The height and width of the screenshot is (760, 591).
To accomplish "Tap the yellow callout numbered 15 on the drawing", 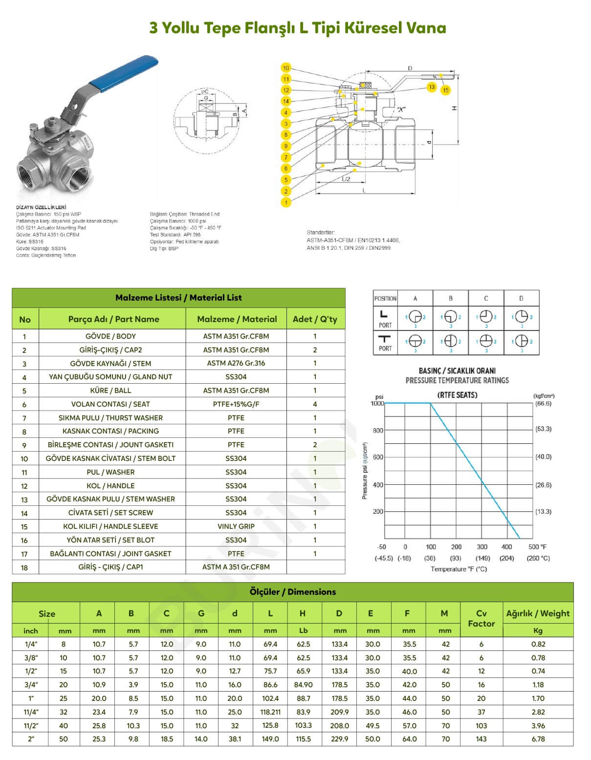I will [x=445, y=90].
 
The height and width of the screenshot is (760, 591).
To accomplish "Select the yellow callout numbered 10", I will [x=286, y=68].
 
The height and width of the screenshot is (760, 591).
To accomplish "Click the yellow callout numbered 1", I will [x=286, y=202].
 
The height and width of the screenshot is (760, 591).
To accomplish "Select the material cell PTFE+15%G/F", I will [x=236, y=404].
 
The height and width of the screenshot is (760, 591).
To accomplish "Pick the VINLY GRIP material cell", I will [x=236, y=526].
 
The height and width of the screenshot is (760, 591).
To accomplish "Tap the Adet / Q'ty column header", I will [x=315, y=319].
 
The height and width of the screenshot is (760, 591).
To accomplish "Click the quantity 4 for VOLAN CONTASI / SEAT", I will [x=315, y=404].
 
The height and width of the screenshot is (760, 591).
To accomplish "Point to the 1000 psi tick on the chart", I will [x=377, y=403].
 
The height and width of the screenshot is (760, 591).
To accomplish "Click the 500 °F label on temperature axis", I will [x=537, y=547].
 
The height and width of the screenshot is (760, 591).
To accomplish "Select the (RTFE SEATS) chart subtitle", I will [x=457, y=395].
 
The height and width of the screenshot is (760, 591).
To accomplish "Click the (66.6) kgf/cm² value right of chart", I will [x=543, y=404].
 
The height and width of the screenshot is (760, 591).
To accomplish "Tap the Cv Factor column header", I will [x=481, y=618].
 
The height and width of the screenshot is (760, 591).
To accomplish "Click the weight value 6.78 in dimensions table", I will [x=538, y=739].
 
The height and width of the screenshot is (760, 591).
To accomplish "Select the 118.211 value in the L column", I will [x=270, y=712].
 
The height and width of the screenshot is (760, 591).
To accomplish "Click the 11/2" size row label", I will [x=30, y=726].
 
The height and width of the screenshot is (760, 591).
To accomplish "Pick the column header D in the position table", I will [x=521, y=298].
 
